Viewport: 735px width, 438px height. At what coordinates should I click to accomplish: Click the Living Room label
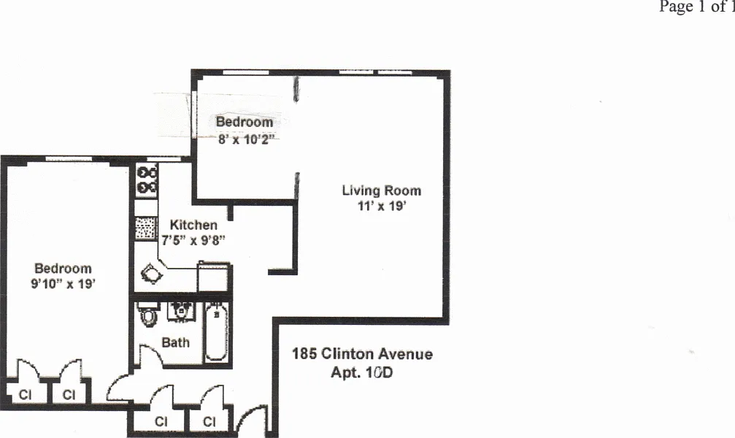tap(381, 191)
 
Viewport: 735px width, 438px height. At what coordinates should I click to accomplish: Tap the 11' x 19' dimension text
tap(381, 206)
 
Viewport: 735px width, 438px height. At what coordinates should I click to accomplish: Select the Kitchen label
tap(193, 225)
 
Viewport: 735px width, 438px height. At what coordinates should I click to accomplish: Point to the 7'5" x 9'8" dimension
tap(193, 241)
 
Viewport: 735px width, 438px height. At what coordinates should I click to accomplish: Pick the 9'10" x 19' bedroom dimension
tap(63, 284)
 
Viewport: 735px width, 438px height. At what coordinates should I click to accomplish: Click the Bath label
tap(175, 343)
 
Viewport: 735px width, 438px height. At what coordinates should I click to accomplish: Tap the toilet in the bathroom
tap(148, 314)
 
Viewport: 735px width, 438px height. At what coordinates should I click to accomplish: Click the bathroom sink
tap(181, 311)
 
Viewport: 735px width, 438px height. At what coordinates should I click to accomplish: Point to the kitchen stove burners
tap(146, 180)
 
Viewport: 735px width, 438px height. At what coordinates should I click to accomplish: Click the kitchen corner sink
tap(152, 274)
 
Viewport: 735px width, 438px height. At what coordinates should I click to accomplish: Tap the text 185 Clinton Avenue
tap(362, 353)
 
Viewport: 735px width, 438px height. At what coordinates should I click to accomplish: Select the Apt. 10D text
tap(362, 372)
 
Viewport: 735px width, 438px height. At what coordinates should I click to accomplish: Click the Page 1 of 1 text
tap(696, 7)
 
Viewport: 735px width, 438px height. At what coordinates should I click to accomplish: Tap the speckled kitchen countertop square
tap(146, 228)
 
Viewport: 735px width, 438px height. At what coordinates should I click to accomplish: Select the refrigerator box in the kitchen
tap(213, 277)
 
